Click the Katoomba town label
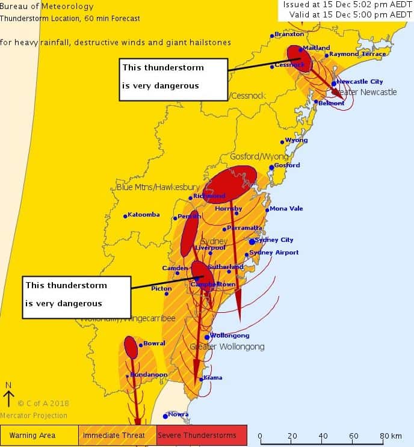pyautogui.click(x=144, y=215)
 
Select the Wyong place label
pyautogui.click(x=296, y=140)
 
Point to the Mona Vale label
pyautogui.click(x=286, y=209)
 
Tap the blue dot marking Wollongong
pyautogui.click(x=207, y=337)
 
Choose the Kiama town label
pyautogui.click(x=213, y=378)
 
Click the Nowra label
pyautogui.click(x=178, y=415)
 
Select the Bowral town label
pyautogui.click(x=154, y=344)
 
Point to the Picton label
pyautogui.click(x=161, y=289)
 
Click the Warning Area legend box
pyautogui.click(x=40, y=435)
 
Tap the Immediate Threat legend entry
pyautogui.click(x=117, y=435)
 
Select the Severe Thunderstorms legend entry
pyautogui.click(x=202, y=435)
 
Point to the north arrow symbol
pyautogui.click(x=8, y=397)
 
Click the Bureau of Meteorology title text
pyautogui.click(x=47, y=7)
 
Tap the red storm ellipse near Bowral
pyautogui.click(x=131, y=347)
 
